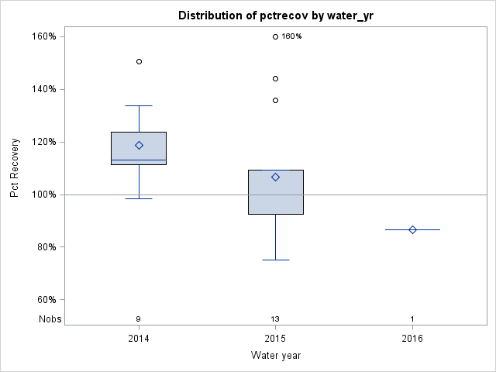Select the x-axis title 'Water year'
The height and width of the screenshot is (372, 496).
[275, 356]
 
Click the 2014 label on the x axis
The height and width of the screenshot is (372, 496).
[139, 339]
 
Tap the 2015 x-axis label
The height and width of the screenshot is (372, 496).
[275, 339]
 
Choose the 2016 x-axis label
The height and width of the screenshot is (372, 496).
[412, 339]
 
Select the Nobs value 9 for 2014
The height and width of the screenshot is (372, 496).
[139, 319]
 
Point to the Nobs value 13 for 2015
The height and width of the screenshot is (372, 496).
[275, 319]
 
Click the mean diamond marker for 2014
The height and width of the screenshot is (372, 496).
[139, 145]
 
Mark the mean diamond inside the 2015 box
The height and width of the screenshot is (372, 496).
[275, 177]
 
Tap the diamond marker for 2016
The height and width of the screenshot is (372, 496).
[412, 229]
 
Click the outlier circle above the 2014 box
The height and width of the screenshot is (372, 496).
[139, 61]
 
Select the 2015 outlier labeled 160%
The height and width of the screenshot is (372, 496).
[275, 36]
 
